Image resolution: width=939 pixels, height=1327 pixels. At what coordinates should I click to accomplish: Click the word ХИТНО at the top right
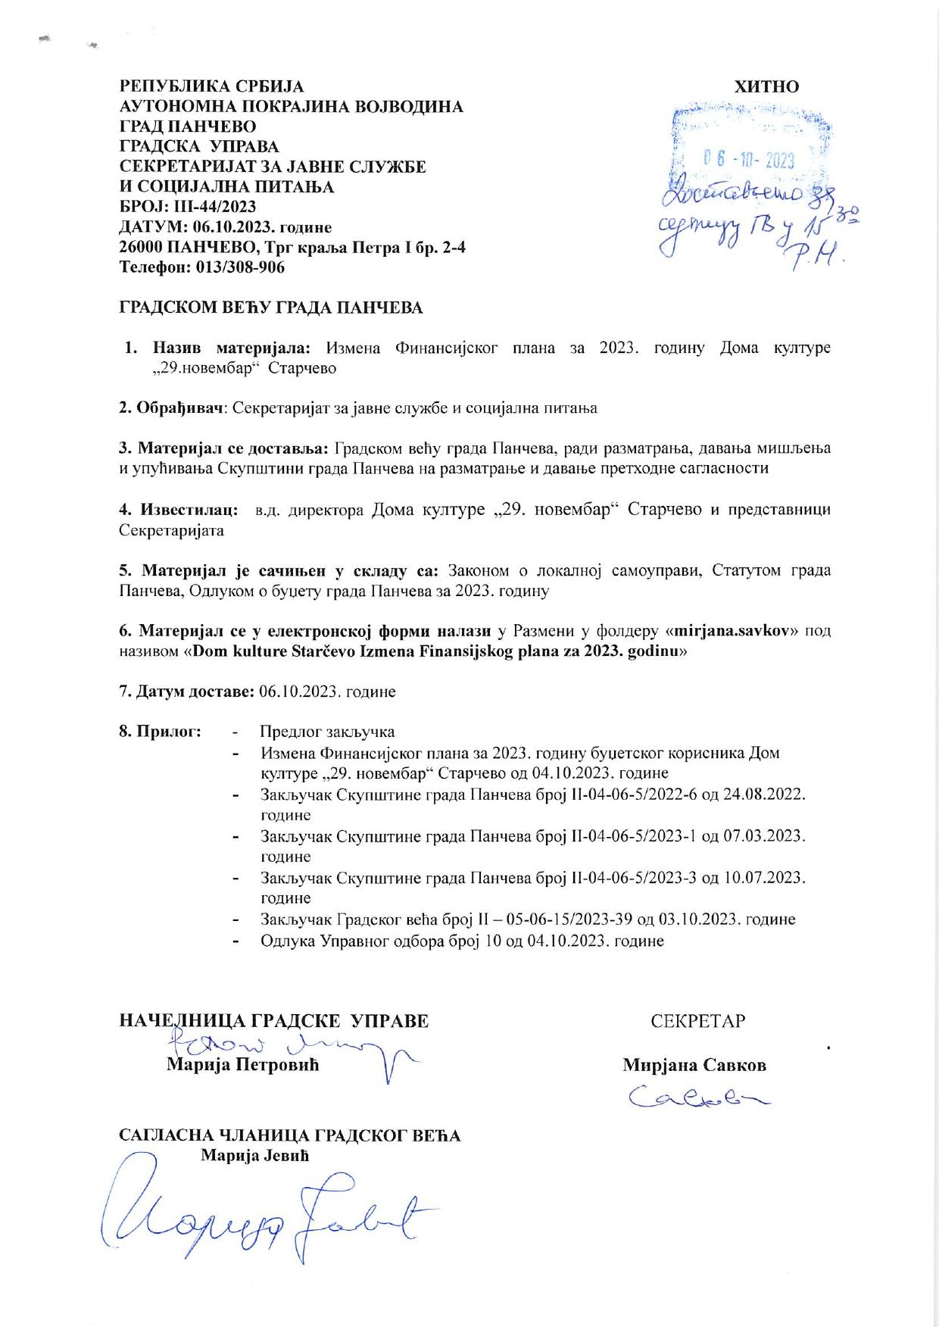(x=766, y=86)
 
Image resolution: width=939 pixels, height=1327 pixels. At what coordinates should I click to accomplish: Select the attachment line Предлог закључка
(x=328, y=732)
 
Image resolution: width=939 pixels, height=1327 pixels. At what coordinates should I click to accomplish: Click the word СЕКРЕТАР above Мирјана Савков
(x=697, y=1021)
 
